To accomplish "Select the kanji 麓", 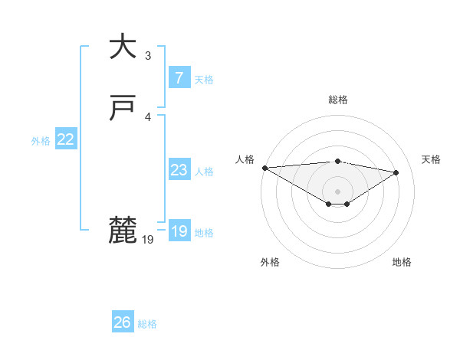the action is point(122,231).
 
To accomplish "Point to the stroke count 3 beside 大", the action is point(148,55).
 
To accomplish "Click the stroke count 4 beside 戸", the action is point(148,116).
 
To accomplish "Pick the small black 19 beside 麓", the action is point(148,240).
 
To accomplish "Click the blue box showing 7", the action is point(179,77).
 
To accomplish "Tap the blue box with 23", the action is point(179,170).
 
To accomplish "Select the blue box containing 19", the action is point(179,231).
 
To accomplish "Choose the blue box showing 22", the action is point(66,139).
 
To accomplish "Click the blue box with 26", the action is point(122,322).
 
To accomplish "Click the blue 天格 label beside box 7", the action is point(204,79).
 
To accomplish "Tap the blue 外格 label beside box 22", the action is point(41,141).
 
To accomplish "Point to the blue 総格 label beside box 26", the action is point(147,324).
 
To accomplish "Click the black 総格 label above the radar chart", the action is point(337,100).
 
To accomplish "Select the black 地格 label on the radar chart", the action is point(402,262).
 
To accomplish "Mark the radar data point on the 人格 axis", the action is point(264,167).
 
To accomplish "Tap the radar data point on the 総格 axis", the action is point(337,161).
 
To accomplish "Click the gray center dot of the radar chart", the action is point(337,191).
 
